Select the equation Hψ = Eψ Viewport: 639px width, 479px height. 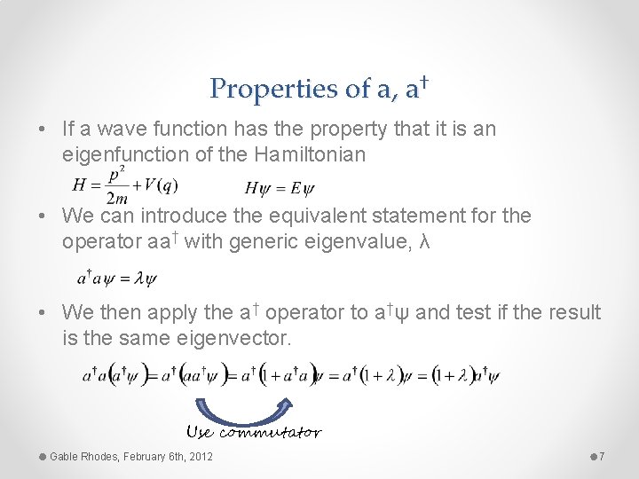(279, 188)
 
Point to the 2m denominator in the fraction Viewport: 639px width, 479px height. (117, 198)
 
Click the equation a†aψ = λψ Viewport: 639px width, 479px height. (116, 279)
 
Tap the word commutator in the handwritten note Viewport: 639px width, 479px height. (270, 433)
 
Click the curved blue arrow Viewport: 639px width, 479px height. (241, 409)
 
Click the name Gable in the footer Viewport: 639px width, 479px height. (65, 457)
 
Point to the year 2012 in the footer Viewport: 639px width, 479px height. (201, 457)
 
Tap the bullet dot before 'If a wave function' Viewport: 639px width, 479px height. (43, 130)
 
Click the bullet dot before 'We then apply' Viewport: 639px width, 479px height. (43, 313)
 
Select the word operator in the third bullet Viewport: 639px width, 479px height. (304, 313)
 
